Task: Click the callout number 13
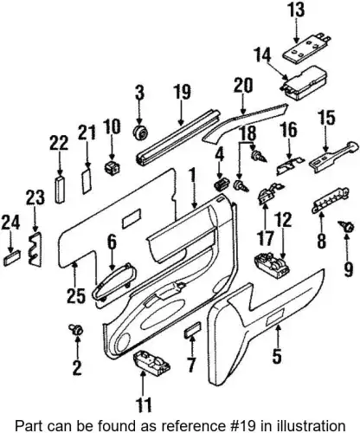point(296,10)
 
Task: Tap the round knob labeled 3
point(140,132)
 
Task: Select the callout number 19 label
point(182,92)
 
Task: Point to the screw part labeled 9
point(346,226)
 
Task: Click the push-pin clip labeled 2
point(76,329)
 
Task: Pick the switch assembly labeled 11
point(151,363)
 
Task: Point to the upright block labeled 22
point(60,190)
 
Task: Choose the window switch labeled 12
point(271,265)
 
